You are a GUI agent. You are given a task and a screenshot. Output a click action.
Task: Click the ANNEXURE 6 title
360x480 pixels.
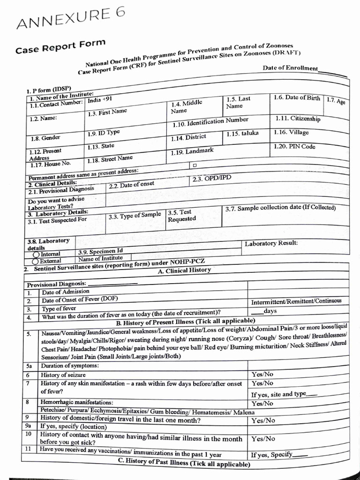click(70, 19)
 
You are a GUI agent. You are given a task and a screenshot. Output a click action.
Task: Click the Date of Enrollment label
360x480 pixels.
click(290, 68)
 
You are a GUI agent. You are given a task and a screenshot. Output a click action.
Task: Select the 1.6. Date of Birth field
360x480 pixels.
click(297, 97)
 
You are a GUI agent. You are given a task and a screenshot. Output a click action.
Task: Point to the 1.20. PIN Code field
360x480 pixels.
click(294, 147)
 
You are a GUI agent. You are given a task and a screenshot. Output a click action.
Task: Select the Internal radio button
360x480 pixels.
click(35, 254)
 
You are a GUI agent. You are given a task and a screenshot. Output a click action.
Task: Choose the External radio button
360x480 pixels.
click(35, 261)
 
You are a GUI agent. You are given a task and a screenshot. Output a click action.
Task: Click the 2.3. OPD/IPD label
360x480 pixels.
click(211, 179)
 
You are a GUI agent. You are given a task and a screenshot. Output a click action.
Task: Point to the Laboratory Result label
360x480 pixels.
click(271, 243)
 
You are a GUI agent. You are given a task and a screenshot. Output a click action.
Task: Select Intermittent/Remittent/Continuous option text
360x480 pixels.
click(296, 301)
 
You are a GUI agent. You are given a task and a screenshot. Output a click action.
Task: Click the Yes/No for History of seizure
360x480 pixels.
click(263, 374)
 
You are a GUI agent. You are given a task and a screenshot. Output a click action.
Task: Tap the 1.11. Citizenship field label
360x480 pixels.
click(298, 118)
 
